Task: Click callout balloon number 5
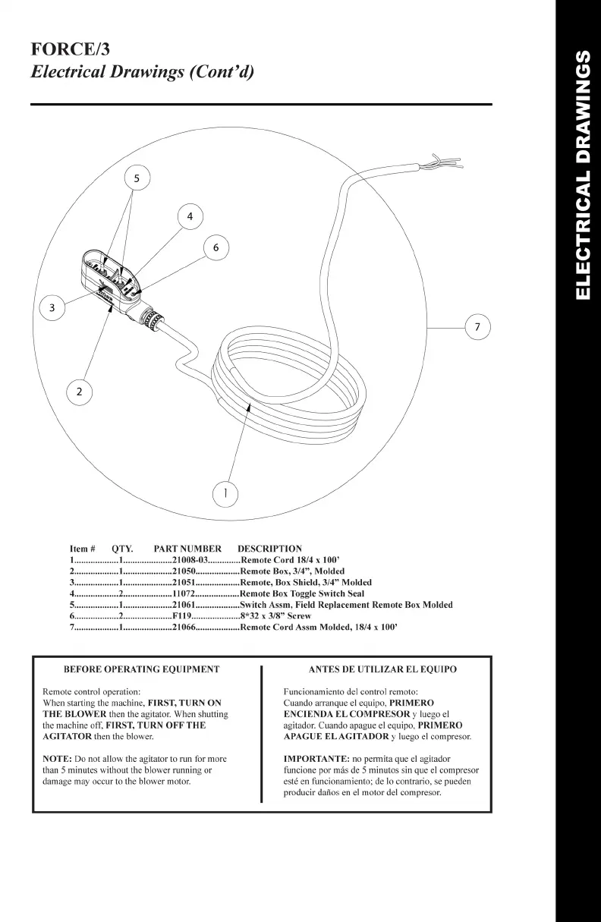point(137,179)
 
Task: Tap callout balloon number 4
point(190,216)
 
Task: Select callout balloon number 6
point(216,247)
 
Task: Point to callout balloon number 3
point(52,307)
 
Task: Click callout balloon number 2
point(79,392)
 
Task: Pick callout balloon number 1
point(225,494)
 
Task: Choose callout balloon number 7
point(477,327)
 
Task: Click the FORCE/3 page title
point(70,50)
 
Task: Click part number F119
point(186,616)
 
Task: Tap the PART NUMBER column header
point(187,549)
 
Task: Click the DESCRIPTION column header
point(269,549)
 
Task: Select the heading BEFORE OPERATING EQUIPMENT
point(141,669)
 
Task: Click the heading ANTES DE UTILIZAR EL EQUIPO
point(382,669)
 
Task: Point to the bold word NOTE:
point(57,759)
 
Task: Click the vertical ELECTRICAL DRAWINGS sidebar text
point(582,175)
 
